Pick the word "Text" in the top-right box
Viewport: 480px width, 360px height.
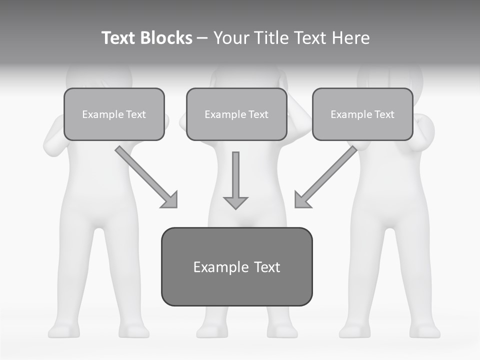click(x=384, y=114)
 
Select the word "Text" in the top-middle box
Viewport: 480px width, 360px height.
click(x=258, y=114)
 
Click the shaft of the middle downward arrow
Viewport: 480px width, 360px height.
click(x=235, y=172)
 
